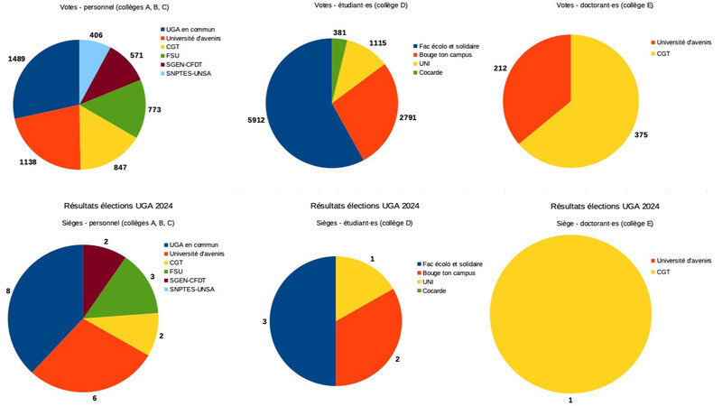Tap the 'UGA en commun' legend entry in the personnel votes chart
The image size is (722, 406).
(x=196, y=29)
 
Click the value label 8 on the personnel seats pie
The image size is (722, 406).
(x=7, y=291)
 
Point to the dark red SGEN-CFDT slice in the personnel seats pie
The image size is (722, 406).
(x=101, y=263)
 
